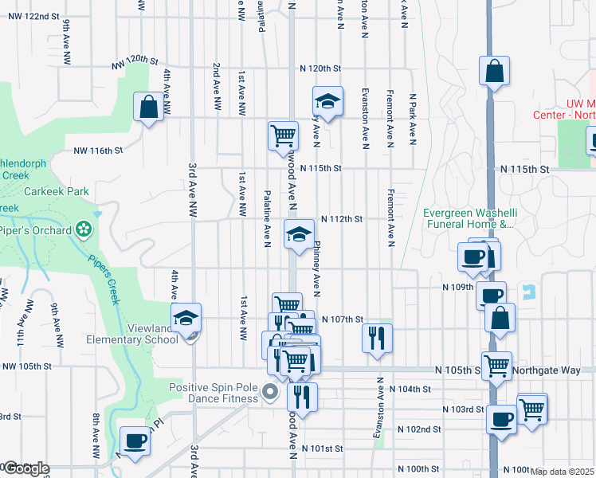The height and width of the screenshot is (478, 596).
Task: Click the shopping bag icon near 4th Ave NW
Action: point(149,107)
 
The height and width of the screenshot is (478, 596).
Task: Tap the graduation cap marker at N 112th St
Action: point(299,234)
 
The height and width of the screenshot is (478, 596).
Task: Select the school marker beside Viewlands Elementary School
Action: point(186,317)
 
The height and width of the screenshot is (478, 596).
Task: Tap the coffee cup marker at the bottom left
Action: point(134,441)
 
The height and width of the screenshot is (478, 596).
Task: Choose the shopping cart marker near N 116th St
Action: point(283,136)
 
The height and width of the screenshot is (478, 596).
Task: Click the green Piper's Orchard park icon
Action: point(84,230)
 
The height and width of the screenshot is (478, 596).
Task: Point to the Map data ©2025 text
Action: point(562,472)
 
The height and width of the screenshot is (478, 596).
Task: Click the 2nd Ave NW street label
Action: point(216,88)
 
